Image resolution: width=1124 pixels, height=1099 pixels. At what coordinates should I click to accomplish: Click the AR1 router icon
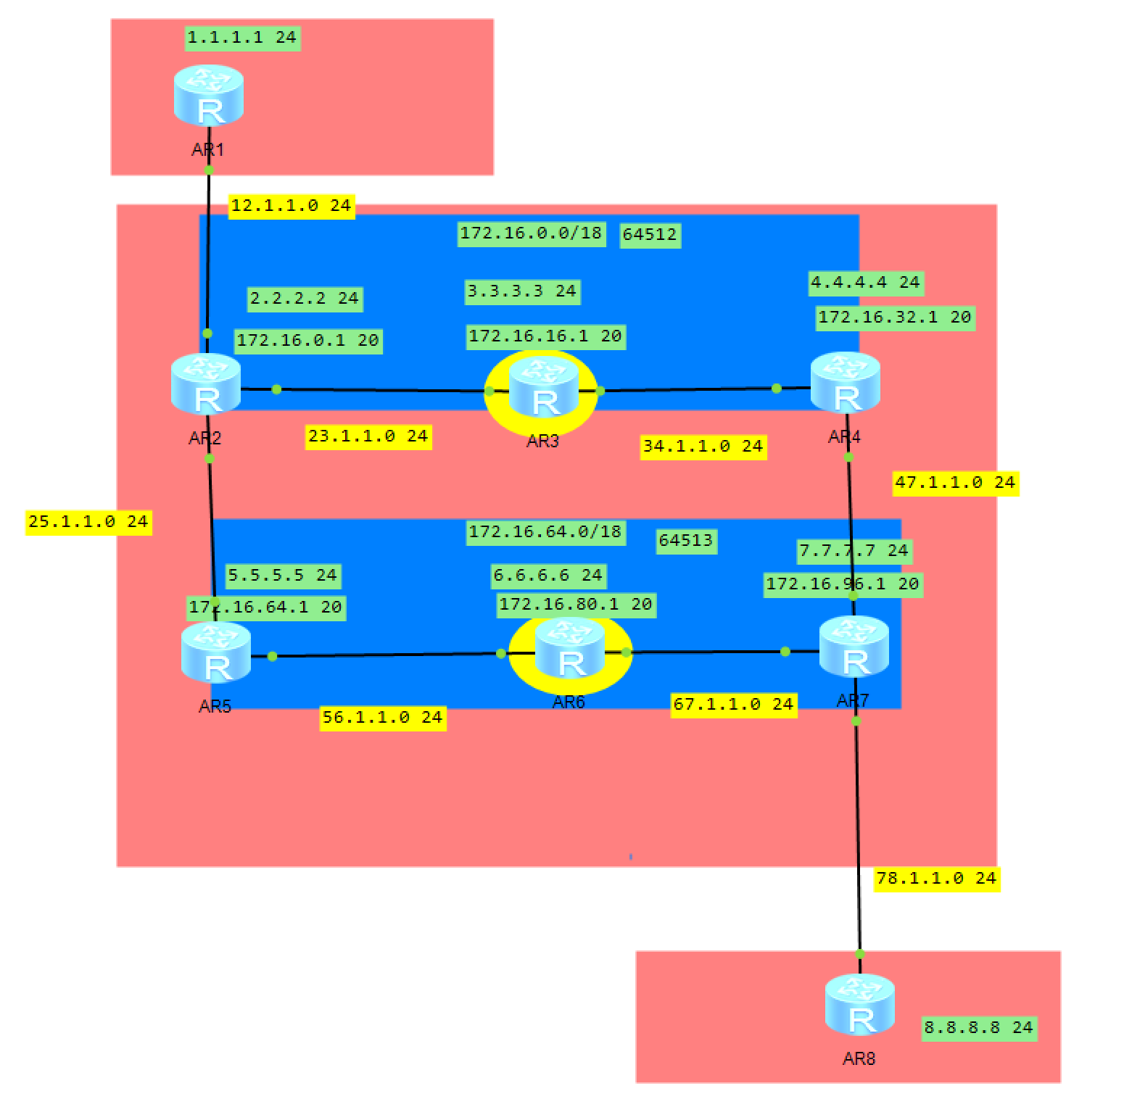click(209, 96)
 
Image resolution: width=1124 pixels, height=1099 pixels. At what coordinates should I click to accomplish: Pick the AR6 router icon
click(569, 649)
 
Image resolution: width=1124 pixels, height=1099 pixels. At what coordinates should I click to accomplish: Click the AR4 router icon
click(846, 383)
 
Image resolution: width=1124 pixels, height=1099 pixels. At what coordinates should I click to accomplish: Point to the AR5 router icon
click(216, 652)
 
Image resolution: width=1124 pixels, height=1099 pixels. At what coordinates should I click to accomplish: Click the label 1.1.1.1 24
click(242, 38)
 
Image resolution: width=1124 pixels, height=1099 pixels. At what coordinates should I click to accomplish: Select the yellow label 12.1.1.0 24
click(292, 206)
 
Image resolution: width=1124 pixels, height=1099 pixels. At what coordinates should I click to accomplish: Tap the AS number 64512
click(650, 235)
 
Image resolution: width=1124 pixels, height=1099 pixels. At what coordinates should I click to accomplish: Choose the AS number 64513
click(686, 541)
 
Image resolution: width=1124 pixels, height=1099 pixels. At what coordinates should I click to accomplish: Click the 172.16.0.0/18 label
click(532, 233)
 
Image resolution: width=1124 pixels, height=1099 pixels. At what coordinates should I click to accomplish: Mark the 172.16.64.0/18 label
click(545, 532)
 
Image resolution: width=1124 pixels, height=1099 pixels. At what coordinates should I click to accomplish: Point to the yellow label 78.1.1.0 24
click(936, 879)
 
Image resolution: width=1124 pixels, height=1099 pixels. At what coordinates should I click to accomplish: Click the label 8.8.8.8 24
click(978, 1028)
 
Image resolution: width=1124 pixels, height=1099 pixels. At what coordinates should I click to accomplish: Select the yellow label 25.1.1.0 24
click(88, 522)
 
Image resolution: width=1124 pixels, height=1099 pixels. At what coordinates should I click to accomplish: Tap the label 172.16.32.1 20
click(895, 318)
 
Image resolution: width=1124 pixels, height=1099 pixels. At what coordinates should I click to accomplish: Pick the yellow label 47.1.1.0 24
click(955, 483)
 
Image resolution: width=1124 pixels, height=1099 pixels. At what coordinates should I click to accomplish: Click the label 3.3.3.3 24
click(522, 291)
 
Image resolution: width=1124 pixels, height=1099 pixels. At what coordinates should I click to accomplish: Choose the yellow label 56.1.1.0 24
click(382, 718)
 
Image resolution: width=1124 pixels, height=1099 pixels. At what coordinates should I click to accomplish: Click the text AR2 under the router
click(205, 439)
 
